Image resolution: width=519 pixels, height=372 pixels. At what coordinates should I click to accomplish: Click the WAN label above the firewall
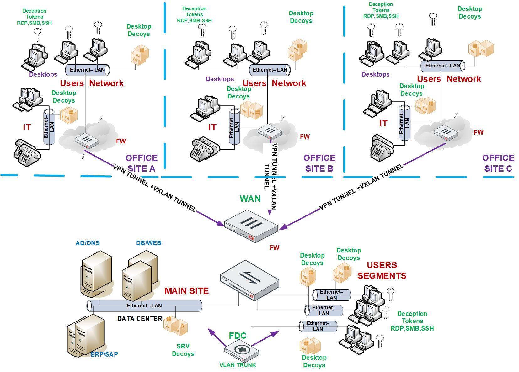250,199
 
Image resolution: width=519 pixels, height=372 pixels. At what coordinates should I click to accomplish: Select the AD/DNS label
88,243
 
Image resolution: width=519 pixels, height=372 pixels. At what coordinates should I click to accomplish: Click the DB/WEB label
148,243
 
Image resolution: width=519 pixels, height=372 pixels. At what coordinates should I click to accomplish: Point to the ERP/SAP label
104,354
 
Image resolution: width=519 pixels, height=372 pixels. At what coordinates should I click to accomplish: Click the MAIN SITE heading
186,291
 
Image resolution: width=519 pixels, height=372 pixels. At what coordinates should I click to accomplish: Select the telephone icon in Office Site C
382,147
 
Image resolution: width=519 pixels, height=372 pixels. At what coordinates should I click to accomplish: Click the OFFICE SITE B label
319,163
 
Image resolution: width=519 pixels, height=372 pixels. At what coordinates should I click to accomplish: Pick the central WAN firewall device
251,225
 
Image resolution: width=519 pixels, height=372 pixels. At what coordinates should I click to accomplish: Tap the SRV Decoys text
183,350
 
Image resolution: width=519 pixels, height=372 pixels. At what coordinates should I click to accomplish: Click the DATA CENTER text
140,319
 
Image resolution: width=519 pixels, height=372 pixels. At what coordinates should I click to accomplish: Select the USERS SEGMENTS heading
382,270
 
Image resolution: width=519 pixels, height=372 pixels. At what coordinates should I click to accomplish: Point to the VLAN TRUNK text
238,365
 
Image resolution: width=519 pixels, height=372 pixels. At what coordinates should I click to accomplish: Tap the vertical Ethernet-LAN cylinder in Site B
234,126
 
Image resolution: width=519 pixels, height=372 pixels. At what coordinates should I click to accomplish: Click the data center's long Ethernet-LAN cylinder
144,306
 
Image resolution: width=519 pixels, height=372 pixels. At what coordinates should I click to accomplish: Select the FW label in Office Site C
479,132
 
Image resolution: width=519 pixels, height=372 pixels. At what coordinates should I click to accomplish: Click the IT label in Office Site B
212,127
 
